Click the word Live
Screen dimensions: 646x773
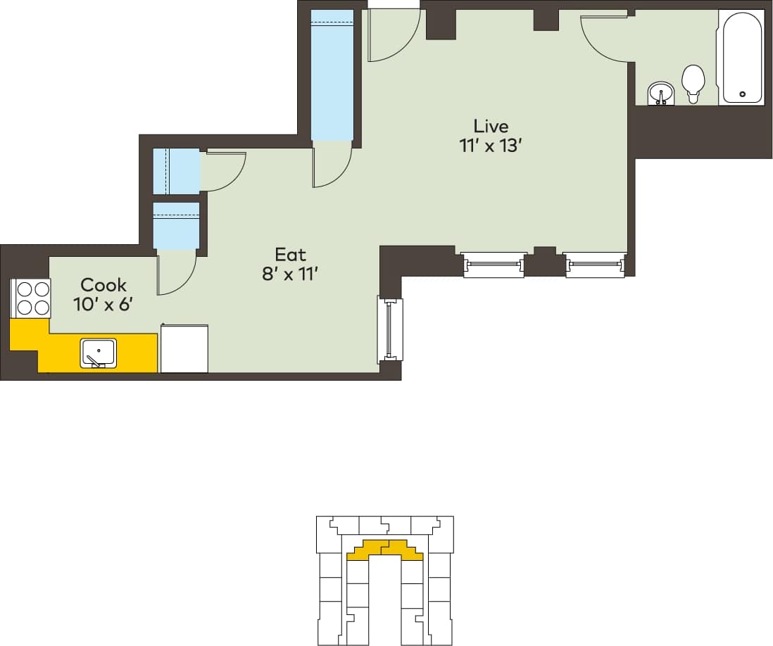(x=491, y=127)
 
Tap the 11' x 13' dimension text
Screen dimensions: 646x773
(x=491, y=146)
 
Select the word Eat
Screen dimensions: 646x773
(x=291, y=254)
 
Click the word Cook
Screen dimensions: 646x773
(x=103, y=285)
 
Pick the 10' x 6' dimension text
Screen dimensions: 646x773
(x=103, y=305)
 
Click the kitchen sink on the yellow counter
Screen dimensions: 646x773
(x=99, y=352)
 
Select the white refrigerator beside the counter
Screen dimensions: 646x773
(x=184, y=348)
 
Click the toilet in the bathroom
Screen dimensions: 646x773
(x=693, y=83)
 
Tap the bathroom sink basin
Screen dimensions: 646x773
(x=660, y=92)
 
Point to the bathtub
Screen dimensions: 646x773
(x=741, y=56)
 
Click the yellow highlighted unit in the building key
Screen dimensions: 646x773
(x=384, y=550)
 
